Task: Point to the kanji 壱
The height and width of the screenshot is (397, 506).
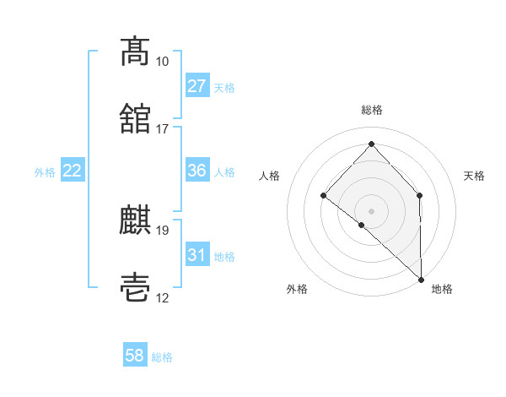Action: [x=135, y=288]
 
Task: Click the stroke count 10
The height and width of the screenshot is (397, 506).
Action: [x=162, y=62]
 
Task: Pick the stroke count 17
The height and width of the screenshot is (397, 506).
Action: [x=162, y=129]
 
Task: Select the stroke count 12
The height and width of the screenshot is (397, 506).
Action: [x=162, y=298]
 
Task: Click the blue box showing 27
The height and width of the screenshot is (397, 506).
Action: [x=197, y=86]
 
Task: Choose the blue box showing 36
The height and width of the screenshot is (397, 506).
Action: [x=197, y=171]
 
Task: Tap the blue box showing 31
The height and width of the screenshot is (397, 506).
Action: [x=197, y=255]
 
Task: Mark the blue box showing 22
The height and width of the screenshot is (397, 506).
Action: [x=73, y=171]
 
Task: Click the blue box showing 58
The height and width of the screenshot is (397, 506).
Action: [x=135, y=356]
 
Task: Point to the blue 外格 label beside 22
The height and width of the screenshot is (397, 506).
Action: [x=45, y=171]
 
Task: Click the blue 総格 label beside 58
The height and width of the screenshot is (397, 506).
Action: [x=162, y=357]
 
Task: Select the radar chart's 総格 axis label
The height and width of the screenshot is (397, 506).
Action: [x=372, y=110]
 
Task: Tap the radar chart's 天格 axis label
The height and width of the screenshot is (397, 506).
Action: [x=475, y=176]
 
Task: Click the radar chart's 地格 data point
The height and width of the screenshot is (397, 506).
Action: [x=421, y=279]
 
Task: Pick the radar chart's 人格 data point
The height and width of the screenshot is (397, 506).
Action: [x=324, y=196]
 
